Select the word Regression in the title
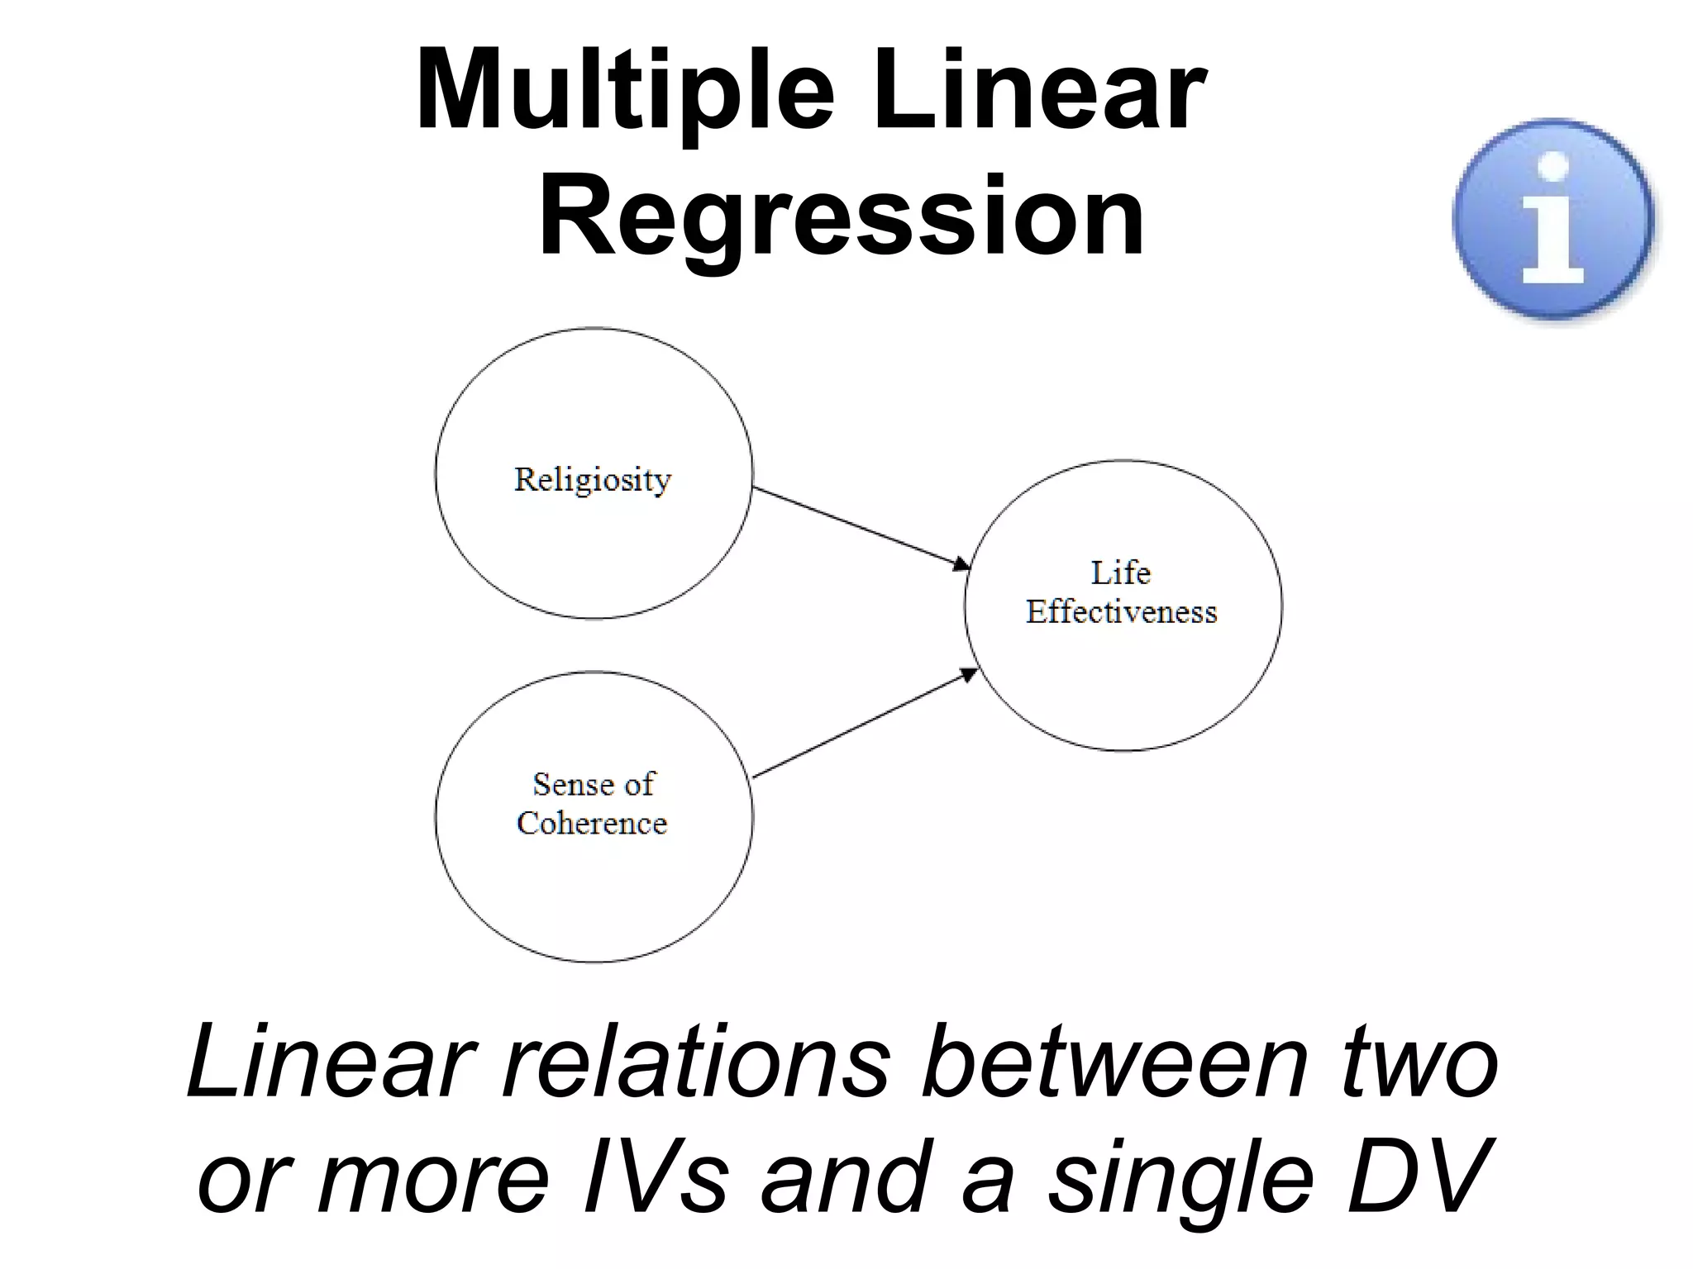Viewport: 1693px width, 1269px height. (x=841, y=218)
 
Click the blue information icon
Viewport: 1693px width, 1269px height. (x=1553, y=219)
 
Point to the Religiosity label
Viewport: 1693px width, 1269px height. (x=593, y=479)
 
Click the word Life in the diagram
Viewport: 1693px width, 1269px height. (x=1120, y=573)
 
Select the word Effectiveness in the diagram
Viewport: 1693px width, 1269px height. (x=1121, y=612)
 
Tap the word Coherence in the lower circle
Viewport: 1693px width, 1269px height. (x=592, y=823)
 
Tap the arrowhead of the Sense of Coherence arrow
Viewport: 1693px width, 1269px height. (x=969, y=674)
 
